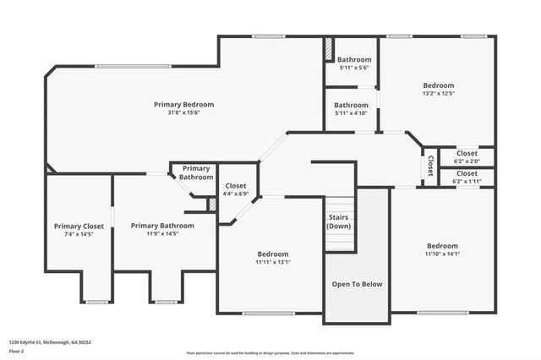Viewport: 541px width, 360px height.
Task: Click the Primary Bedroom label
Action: tap(183, 104)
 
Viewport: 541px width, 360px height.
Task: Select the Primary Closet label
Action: tap(79, 226)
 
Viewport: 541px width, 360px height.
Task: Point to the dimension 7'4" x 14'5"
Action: tap(79, 234)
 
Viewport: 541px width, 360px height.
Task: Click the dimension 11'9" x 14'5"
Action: tap(161, 234)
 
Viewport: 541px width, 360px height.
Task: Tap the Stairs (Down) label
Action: tap(339, 222)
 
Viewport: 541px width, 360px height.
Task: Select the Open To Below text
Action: tap(356, 284)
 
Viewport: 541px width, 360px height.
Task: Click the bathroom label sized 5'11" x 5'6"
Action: tap(353, 60)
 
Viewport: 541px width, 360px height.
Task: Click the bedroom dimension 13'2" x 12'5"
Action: tap(438, 94)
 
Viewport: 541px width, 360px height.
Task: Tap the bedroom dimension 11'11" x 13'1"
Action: tap(272, 262)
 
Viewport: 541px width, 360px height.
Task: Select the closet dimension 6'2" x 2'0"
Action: tap(466, 161)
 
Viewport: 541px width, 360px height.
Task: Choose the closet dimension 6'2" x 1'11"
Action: tap(466, 181)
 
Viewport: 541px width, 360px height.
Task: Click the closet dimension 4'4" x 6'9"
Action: tap(236, 194)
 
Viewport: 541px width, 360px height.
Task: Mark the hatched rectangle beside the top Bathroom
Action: tap(328, 50)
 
